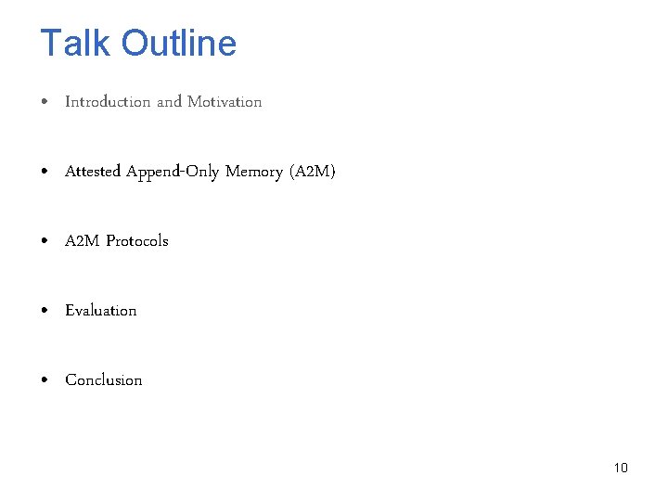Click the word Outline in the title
coord(179,44)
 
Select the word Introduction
coord(108,102)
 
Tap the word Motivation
coord(225,102)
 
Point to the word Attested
coord(93,172)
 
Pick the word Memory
coord(253,172)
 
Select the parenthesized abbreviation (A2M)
coord(313,172)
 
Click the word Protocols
coord(137,241)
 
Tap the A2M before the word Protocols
coord(82,241)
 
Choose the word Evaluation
coord(101,311)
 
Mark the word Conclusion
coord(104,380)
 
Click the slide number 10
coord(621,468)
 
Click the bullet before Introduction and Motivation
coord(46,102)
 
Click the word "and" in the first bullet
coord(169,102)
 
